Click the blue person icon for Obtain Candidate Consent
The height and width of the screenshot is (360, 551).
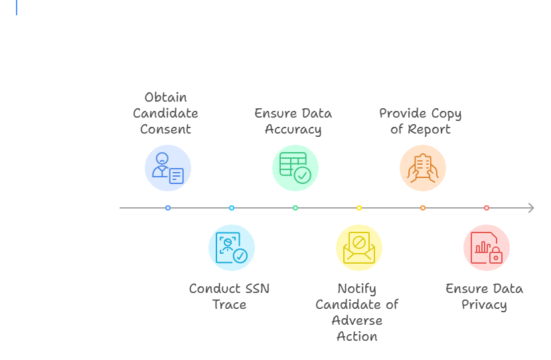click(x=167, y=168)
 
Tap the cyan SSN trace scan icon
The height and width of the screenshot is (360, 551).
click(x=231, y=248)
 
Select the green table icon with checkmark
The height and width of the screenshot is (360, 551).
click(x=295, y=168)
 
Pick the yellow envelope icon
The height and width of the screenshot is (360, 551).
click(x=358, y=248)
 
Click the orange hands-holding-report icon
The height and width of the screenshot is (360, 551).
click(x=422, y=168)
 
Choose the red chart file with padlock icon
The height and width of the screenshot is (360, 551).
click(x=486, y=248)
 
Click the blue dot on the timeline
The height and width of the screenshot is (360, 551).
click(x=168, y=208)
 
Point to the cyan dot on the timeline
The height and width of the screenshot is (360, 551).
click(x=232, y=208)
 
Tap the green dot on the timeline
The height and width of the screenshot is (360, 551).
click(x=295, y=208)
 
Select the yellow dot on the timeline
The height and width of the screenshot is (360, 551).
click(x=359, y=208)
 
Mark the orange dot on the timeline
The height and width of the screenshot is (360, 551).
click(x=423, y=208)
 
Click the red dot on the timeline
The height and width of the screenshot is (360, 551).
click(x=487, y=208)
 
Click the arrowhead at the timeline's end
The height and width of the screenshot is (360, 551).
click(x=530, y=208)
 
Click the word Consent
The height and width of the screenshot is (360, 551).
click(x=165, y=129)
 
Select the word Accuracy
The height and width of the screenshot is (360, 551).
click(x=293, y=129)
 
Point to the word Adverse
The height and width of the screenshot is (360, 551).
click(x=357, y=320)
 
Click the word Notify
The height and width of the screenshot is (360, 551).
click(x=356, y=289)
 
